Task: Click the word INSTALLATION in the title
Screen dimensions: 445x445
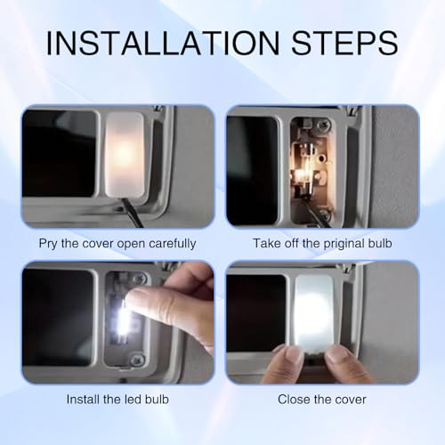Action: pyautogui.click(x=163, y=44)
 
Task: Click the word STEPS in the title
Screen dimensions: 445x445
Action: pyautogui.click(x=345, y=44)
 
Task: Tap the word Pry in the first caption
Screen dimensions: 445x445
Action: pyautogui.click(x=47, y=244)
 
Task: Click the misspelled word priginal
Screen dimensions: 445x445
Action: pyautogui.click(x=344, y=244)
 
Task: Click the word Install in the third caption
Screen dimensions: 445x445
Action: pyautogui.click(x=83, y=400)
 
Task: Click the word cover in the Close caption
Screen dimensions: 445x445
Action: pyautogui.click(x=352, y=400)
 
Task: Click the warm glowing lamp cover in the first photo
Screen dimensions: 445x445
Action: pyautogui.click(x=125, y=154)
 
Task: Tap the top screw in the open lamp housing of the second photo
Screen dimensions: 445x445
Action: pyautogui.click(x=324, y=124)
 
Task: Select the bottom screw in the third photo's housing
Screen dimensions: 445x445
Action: pyautogui.click(x=137, y=360)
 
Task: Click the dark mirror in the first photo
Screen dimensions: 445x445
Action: pyautogui.click(x=60, y=153)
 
